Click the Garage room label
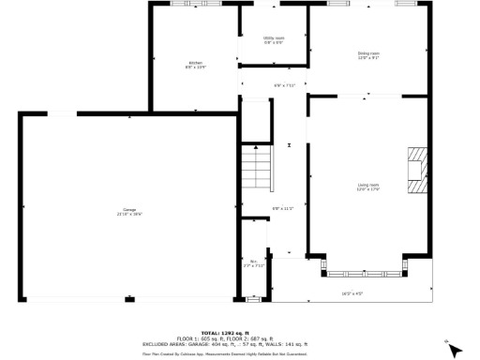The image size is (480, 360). pos(129,209)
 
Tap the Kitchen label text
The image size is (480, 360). pos(195,63)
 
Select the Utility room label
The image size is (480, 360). pos(274,37)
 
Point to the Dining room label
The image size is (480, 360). pos(368,53)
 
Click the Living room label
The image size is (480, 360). pos(368,186)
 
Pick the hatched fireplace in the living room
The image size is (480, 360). pos(416,168)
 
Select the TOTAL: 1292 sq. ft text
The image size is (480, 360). pos(240,332)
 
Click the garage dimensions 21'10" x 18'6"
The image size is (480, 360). pos(129,214)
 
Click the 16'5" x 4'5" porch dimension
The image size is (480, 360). pos(352,293)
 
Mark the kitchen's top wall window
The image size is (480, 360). pos(185,4)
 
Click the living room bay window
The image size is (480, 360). pos(364,274)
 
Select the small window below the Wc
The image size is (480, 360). pos(253,300)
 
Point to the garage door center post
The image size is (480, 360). pos(129,299)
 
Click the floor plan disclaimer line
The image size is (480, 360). pos(240,353)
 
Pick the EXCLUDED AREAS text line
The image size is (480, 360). pos(240,343)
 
